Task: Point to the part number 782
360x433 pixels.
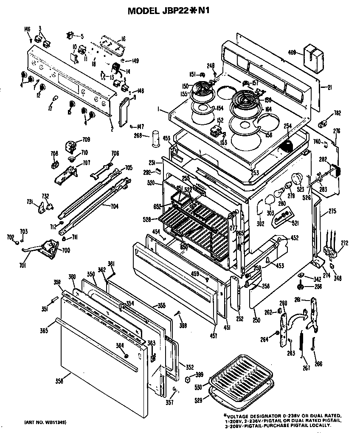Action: pyautogui.click(x=337, y=113)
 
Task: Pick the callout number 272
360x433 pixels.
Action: pyautogui.click(x=344, y=243)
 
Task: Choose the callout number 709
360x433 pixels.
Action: pyautogui.click(x=86, y=139)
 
